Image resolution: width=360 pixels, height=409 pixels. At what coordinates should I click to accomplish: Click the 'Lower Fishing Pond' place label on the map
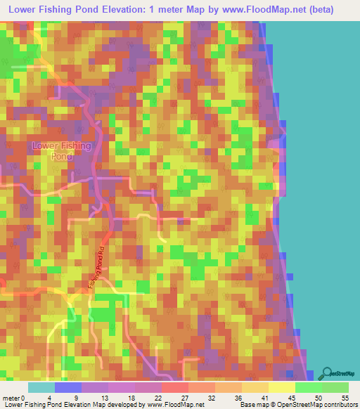[x=62, y=151]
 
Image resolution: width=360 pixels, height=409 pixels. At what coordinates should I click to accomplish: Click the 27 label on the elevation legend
[x=184, y=397]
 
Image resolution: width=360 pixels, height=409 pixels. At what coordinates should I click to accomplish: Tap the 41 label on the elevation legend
[x=264, y=397]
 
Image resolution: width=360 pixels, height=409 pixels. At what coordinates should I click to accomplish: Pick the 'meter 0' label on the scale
[x=13, y=397]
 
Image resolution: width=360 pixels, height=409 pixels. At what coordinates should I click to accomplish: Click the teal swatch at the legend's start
[x=41, y=387]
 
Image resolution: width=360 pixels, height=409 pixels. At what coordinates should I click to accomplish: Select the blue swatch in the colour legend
[x=67, y=387]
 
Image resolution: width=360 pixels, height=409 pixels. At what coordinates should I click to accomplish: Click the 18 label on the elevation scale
[x=131, y=397]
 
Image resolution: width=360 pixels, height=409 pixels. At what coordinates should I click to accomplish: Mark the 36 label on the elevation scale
[x=237, y=397]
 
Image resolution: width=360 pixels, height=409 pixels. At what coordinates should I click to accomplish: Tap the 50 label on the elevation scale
[x=317, y=397]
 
